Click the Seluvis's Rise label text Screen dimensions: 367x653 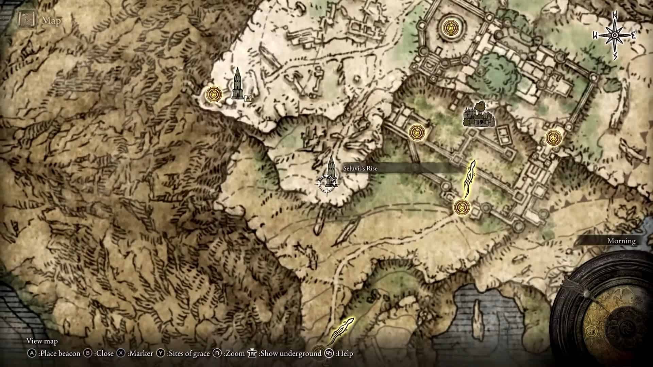tap(360, 169)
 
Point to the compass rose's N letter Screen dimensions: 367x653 tap(615, 15)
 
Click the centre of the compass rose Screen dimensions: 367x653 tap(615, 35)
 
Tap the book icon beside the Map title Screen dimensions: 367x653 tap(25, 20)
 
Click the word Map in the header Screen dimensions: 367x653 tap(51, 21)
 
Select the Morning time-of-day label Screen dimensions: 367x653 tap(621, 241)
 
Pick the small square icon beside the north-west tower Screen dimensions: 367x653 tap(248, 98)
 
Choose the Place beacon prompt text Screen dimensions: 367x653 tap(59, 354)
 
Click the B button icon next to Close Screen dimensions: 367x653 tap(88, 353)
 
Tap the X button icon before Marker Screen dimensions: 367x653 tap(121, 353)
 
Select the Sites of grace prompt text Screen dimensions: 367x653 tap(188, 354)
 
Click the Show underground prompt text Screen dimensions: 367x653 tap(290, 354)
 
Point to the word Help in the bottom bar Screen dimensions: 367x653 tap(345, 354)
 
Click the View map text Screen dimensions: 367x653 tap(42, 341)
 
